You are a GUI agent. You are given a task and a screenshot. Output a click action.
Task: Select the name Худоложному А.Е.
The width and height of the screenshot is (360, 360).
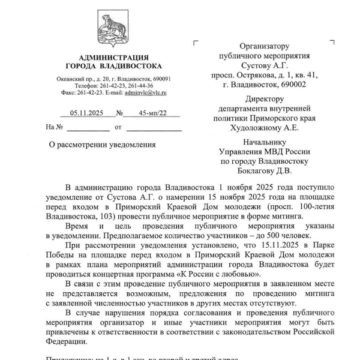click(x=264, y=127)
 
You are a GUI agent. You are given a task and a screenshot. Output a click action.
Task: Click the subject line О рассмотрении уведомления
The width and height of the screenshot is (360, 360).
click(x=102, y=144)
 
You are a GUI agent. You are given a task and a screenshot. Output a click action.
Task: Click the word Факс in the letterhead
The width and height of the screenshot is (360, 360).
click(x=70, y=93)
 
